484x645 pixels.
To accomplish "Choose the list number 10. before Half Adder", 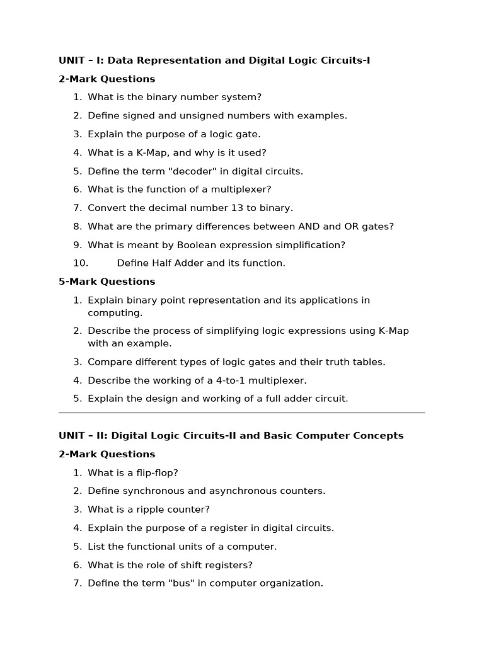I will pos(80,263).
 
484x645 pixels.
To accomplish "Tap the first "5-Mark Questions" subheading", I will pos(107,282).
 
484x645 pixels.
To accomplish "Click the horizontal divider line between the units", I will pos(242,413).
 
